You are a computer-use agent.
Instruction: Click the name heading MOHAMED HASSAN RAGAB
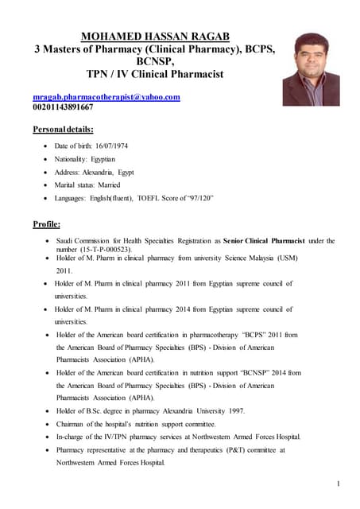155,36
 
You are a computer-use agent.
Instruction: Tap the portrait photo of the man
311,68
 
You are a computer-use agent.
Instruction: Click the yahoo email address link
106,97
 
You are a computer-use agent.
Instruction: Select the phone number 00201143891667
63,107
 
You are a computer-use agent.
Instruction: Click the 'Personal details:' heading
63,129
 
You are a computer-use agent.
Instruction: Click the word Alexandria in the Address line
96,172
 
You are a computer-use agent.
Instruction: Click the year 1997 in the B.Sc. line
237,410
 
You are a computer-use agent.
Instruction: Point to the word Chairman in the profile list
71,424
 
